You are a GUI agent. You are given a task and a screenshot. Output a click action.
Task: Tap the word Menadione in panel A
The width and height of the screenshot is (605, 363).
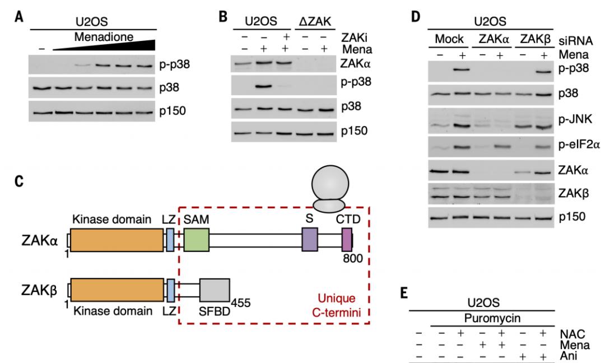point(104,38)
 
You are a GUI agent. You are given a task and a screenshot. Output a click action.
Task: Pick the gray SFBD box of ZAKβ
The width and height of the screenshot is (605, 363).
point(214,292)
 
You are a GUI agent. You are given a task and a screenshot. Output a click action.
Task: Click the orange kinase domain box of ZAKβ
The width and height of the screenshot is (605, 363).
point(117,292)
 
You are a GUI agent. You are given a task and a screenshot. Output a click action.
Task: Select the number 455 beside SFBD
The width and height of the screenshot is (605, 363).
point(241,303)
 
